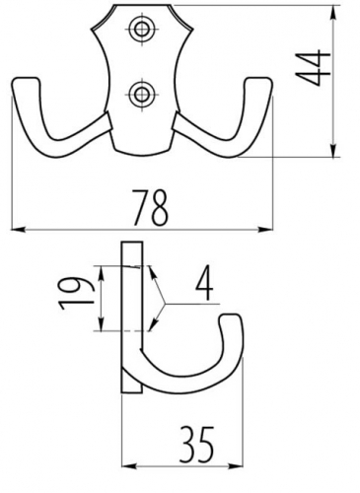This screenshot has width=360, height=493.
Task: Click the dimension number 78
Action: click(151, 207)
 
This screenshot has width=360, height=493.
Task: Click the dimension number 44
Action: click(313, 68)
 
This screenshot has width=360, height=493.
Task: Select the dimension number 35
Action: click(197, 445)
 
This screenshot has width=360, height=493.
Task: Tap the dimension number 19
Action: click(77, 294)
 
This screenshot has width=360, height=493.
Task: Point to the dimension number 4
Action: click(204, 286)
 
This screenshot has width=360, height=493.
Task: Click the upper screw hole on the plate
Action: click(142, 29)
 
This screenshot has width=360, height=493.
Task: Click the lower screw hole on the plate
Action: click(142, 95)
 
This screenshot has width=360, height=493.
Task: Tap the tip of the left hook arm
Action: click(27, 80)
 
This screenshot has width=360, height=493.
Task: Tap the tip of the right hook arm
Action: click(259, 80)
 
